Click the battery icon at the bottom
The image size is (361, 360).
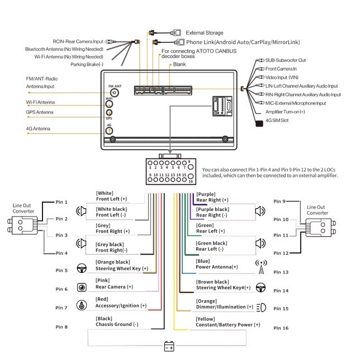tap(169, 347)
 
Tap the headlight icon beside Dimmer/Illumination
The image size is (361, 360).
tap(262, 308)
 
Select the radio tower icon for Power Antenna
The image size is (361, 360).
tap(262, 267)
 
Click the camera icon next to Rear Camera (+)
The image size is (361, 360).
tap(82, 287)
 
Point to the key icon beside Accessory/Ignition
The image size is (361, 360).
tap(82, 305)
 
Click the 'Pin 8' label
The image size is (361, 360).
tap(61, 327)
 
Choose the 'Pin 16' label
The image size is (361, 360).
tap(281, 328)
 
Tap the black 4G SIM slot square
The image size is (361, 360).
tap(259, 123)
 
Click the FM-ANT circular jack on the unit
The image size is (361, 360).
tap(115, 93)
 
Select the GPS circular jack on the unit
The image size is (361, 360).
tap(109, 113)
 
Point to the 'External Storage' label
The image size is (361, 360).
tap(205, 33)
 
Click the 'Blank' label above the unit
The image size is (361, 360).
tap(179, 64)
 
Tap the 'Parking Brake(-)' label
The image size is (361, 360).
tap(87, 64)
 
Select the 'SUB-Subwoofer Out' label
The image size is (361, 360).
tap(286, 60)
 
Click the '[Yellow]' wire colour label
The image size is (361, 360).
tap(205, 319)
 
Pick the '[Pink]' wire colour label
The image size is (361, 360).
tap(103, 280)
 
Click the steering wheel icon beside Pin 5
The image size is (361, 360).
tap(82, 268)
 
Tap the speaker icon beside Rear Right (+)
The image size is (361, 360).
tap(260, 211)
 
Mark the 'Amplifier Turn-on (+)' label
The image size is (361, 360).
tap(285, 112)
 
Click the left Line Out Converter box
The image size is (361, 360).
tap(22, 225)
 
